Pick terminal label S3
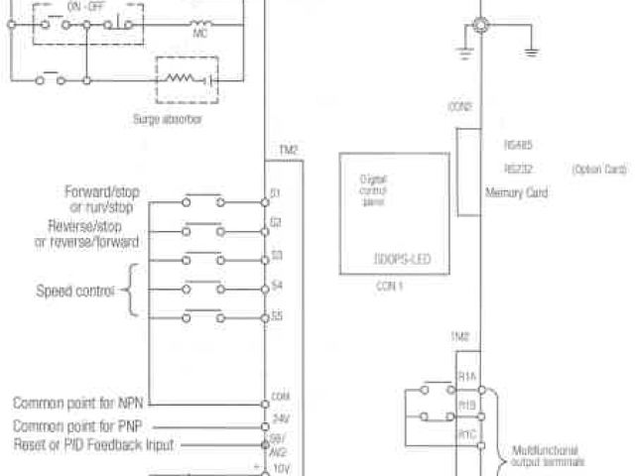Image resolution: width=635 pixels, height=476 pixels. (x=277, y=255)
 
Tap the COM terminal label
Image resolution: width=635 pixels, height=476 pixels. (x=280, y=397)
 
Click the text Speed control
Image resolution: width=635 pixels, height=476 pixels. (x=75, y=292)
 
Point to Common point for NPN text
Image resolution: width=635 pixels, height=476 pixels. (x=80, y=404)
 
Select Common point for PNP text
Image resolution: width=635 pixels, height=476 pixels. (x=80, y=425)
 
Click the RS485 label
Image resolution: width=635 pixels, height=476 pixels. (x=519, y=145)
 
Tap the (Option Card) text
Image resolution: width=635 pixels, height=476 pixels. (x=599, y=169)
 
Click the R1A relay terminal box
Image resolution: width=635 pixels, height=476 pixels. (x=466, y=378)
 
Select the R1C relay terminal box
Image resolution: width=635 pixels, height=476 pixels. (x=466, y=433)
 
